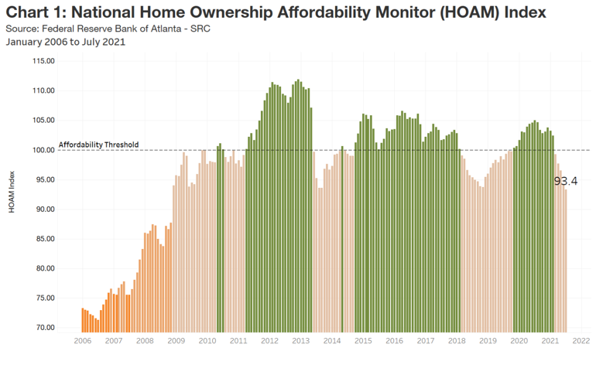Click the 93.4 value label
(566, 181)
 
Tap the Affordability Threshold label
(98, 145)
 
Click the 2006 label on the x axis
(82, 340)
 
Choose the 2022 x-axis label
(582, 340)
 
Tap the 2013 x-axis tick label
(301, 340)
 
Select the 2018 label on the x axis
(457, 340)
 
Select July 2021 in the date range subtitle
(104, 42)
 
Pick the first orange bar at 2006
(82, 320)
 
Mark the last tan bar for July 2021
(566, 261)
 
